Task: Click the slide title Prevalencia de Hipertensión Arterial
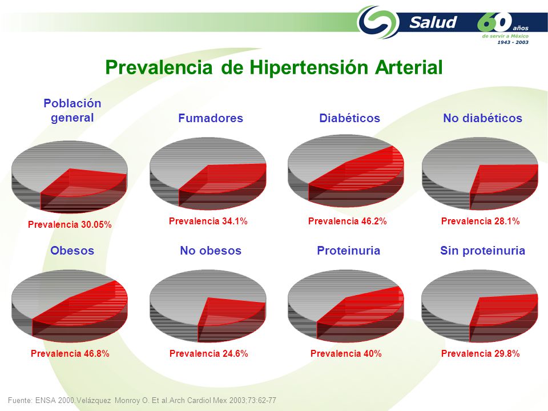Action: pyautogui.click(x=274, y=67)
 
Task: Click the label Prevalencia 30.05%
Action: pyautogui.click(x=70, y=224)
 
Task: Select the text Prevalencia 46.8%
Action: pyautogui.click(x=70, y=353)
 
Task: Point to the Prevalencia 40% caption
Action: pyautogui.click(x=346, y=353)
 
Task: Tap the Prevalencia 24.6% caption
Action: pyautogui.click(x=209, y=353)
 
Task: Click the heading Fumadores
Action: pyautogui.click(x=211, y=118)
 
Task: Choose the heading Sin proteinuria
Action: pyautogui.click(x=482, y=251)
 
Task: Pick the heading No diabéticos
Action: pyautogui.click(x=483, y=118)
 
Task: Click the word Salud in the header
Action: pyautogui.click(x=433, y=22)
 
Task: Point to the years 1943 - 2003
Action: pyautogui.click(x=513, y=42)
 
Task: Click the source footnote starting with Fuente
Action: pyautogui.click(x=142, y=400)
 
